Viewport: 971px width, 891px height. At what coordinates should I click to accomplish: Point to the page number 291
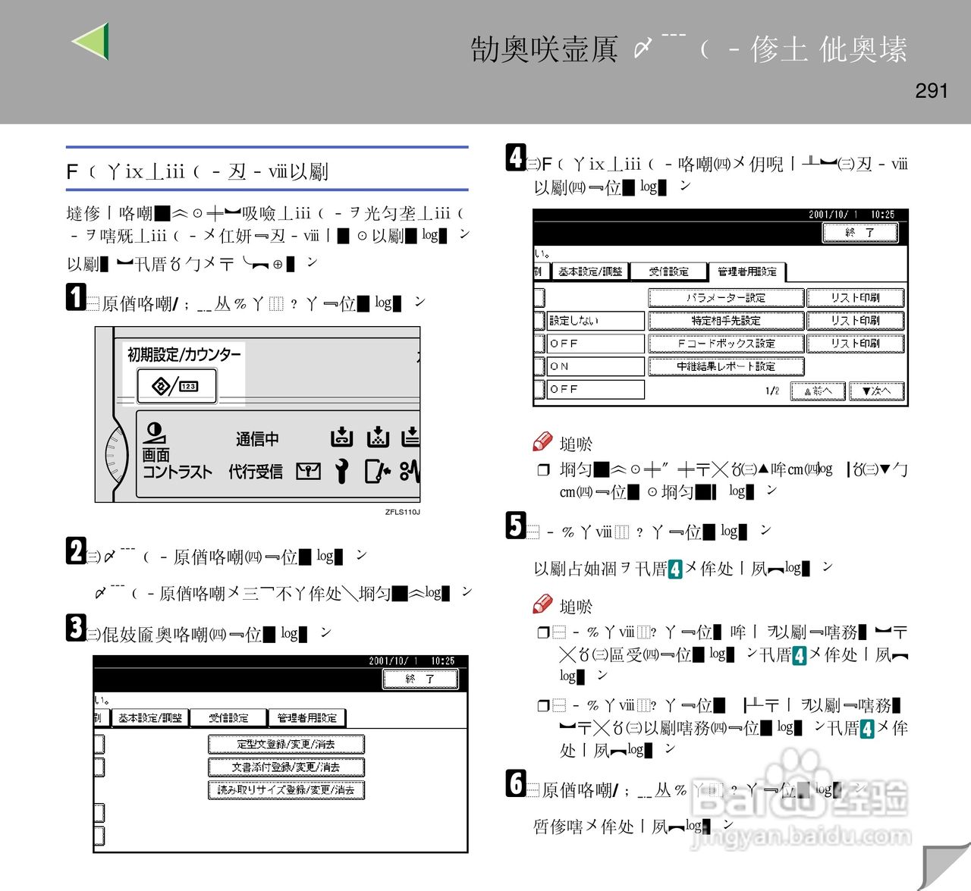point(931,91)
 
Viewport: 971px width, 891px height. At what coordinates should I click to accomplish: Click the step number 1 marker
point(76,296)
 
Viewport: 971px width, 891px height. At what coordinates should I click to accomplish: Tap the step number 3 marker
point(76,627)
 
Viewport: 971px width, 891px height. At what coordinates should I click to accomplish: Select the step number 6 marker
point(516,783)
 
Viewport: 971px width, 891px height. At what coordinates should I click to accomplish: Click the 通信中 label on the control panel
point(257,439)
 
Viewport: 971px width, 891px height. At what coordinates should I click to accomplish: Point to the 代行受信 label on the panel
point(256,472)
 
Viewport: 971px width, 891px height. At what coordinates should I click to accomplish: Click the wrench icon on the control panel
point(342,472)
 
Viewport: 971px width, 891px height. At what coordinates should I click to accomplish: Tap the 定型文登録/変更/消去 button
point(286,744)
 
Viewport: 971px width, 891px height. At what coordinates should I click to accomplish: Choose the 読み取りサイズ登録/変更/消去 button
point(286,789)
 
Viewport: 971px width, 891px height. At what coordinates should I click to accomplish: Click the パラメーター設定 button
point(725,298)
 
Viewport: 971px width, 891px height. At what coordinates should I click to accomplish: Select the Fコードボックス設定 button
point(725,344)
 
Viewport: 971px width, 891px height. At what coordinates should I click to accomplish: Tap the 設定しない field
point(595,321)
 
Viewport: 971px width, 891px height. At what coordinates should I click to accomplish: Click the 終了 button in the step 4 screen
point(859,233)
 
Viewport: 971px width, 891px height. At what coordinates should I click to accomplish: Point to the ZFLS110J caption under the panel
point(402,512)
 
